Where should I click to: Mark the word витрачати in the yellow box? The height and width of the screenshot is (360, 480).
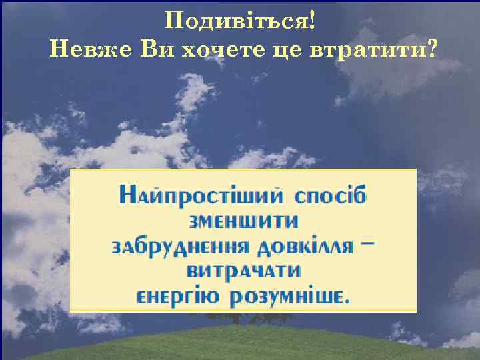pyautogui.click(x=243, y=271)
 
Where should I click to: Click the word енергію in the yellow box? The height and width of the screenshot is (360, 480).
pyautogui.click(x=175, y=296)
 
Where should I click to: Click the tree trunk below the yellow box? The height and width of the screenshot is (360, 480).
pyautogui.click(x=234, y=319)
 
